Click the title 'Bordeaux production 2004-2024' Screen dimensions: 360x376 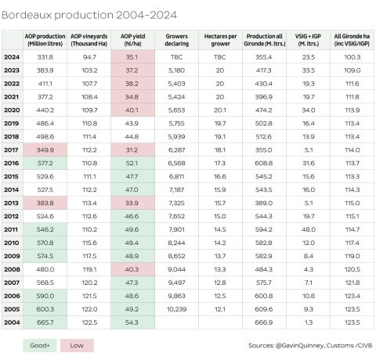[x=89, y=15]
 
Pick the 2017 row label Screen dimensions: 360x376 [x=12, y=149]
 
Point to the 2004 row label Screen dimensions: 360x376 [x=12, y=322]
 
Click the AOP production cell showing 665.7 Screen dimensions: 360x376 [x=45, y=322]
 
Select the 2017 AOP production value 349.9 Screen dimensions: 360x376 [x=45, y=149]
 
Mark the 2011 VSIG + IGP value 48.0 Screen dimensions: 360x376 [x=308, y=229]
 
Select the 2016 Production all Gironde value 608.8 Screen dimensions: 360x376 [x=263, y=163]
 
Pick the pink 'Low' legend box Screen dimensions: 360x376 [x=77, y=345]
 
